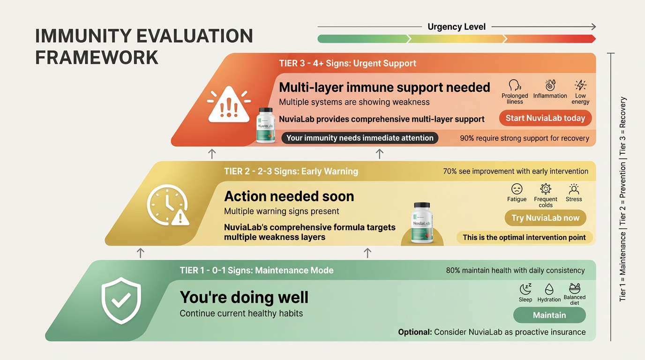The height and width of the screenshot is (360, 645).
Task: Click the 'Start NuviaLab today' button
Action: [545, 118]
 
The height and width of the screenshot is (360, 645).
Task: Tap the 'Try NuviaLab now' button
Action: [545, 218]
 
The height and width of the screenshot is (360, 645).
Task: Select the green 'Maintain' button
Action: [549, 315]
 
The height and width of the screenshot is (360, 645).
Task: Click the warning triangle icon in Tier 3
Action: [229, 105]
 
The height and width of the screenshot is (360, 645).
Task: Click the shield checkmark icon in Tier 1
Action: [121, 300]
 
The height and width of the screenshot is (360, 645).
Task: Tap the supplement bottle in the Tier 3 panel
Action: [265, 125]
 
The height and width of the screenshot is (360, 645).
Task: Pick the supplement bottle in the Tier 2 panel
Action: [421, 223]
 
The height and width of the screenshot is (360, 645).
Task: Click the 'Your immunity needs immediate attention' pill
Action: [360, 138]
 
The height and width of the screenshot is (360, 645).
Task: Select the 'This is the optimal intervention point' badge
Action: [524, 238]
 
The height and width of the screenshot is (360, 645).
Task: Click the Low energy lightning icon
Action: [580, 85]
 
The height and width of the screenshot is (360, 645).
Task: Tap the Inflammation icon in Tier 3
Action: [550, 85]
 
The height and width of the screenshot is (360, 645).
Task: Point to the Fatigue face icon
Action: [517, 189]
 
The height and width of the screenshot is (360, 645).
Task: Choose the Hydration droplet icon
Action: [549, 289]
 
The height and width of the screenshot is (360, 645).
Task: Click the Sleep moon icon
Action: [525, 289]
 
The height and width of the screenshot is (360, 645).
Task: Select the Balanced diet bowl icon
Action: [574, 288]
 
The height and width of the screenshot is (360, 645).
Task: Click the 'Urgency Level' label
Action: [457, 27]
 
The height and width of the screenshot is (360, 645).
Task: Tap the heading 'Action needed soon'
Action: [289, 196]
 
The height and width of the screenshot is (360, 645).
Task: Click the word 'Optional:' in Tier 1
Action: [415, 332]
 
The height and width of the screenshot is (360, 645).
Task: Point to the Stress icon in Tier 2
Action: [574, 189]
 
